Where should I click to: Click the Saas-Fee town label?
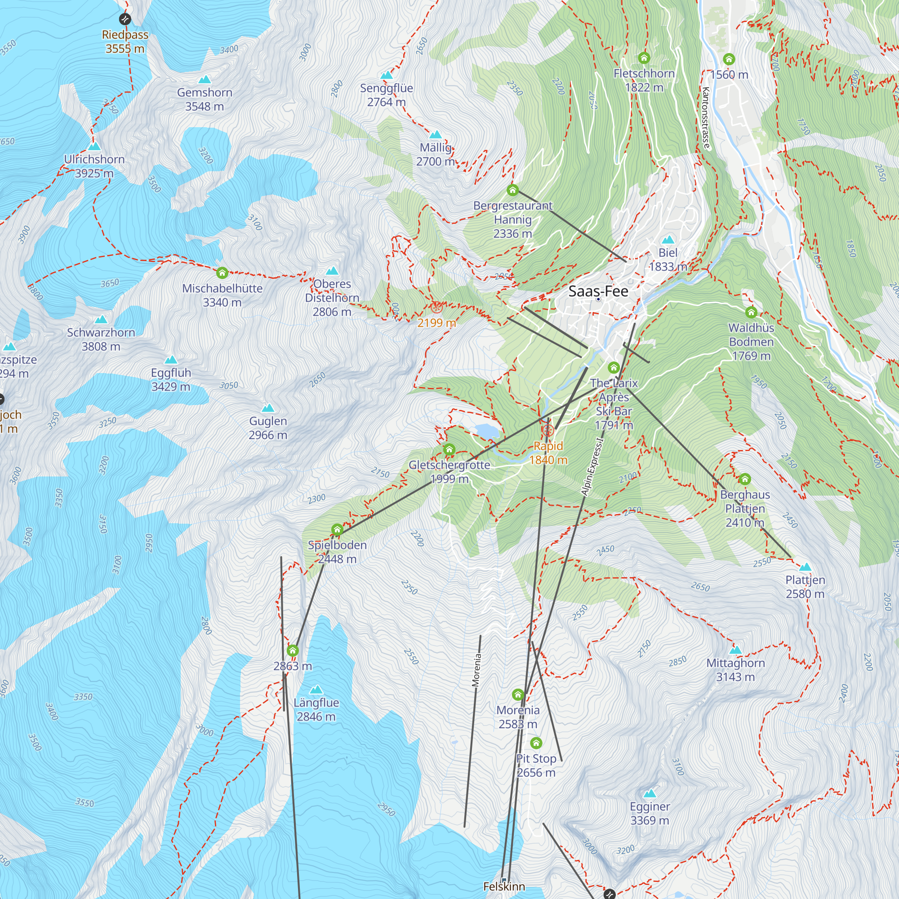pos(598,291)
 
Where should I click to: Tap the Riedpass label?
pos(125,41)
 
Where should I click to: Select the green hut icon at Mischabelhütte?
pos(222,273)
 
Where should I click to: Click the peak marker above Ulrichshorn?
pos(94,146)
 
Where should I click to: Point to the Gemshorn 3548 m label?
pos(204,99)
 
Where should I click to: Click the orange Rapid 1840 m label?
pos(548,453)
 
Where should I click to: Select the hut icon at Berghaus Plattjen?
pos(744,479)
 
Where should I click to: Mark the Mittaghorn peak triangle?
pos(735,650)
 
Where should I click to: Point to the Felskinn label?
pos(504,886)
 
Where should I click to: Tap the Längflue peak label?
pos(316,709)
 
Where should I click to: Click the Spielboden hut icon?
pos(338,530)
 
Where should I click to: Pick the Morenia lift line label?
pos(476,670)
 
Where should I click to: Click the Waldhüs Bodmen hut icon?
pos(751,312)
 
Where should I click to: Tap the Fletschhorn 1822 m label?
pos(644,80)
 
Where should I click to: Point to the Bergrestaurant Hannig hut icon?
pos(512,190)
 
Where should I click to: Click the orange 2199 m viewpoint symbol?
pos(436,307)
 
